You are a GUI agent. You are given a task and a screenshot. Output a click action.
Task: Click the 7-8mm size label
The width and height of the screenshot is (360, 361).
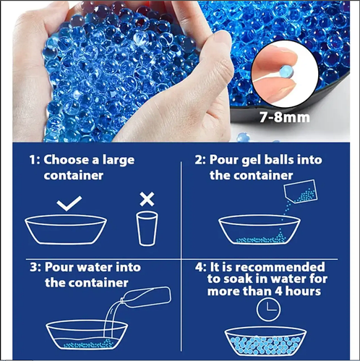coord(285,117)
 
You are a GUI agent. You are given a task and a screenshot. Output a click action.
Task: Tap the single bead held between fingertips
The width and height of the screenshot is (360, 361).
coord(286,72)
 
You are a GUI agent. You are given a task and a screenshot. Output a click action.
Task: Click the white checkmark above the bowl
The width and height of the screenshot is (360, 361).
coord(69,203)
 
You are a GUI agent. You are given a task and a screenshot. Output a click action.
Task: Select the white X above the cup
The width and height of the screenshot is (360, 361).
coord(147,199)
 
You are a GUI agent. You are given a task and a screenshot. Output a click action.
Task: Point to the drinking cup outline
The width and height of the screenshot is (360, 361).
coord(147,229)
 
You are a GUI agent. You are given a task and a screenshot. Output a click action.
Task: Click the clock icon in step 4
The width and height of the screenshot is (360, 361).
coord(268,309)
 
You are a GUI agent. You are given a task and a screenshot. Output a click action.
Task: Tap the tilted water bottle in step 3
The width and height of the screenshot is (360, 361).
coord(145,297)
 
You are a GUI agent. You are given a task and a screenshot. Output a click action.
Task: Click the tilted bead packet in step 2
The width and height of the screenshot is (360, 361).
coord(301,192)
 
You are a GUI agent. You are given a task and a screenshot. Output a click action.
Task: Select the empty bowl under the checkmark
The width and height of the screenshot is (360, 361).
coord(66,229)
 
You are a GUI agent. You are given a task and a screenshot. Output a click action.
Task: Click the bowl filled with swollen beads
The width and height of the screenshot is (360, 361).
coord(265,341)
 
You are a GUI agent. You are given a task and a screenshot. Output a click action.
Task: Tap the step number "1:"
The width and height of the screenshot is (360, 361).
coord(35,160)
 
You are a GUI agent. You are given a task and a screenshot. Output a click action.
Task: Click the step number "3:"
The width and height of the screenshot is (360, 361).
coord(35,268)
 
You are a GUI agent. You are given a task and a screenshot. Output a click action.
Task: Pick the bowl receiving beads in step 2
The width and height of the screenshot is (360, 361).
coord(260,229)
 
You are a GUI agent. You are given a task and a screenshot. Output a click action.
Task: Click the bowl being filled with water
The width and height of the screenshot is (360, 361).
coord(87,335)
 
